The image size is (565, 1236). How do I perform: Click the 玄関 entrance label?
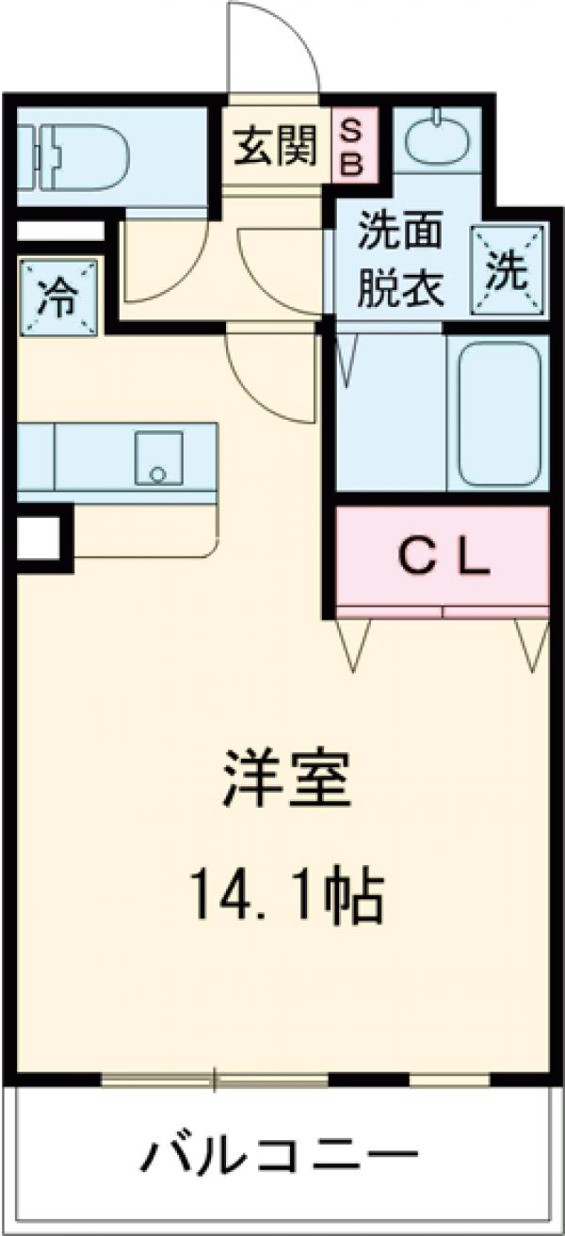(x=276, y=148)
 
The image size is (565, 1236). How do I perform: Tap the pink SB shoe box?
(x=349, y=146)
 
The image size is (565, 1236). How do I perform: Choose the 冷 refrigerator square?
(x=58, y=297)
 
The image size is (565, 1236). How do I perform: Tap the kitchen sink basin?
(x=158, y=459)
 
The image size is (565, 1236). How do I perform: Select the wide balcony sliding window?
(x=215, y=1078)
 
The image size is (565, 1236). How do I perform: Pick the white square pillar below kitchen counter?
(x=38, y=538)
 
